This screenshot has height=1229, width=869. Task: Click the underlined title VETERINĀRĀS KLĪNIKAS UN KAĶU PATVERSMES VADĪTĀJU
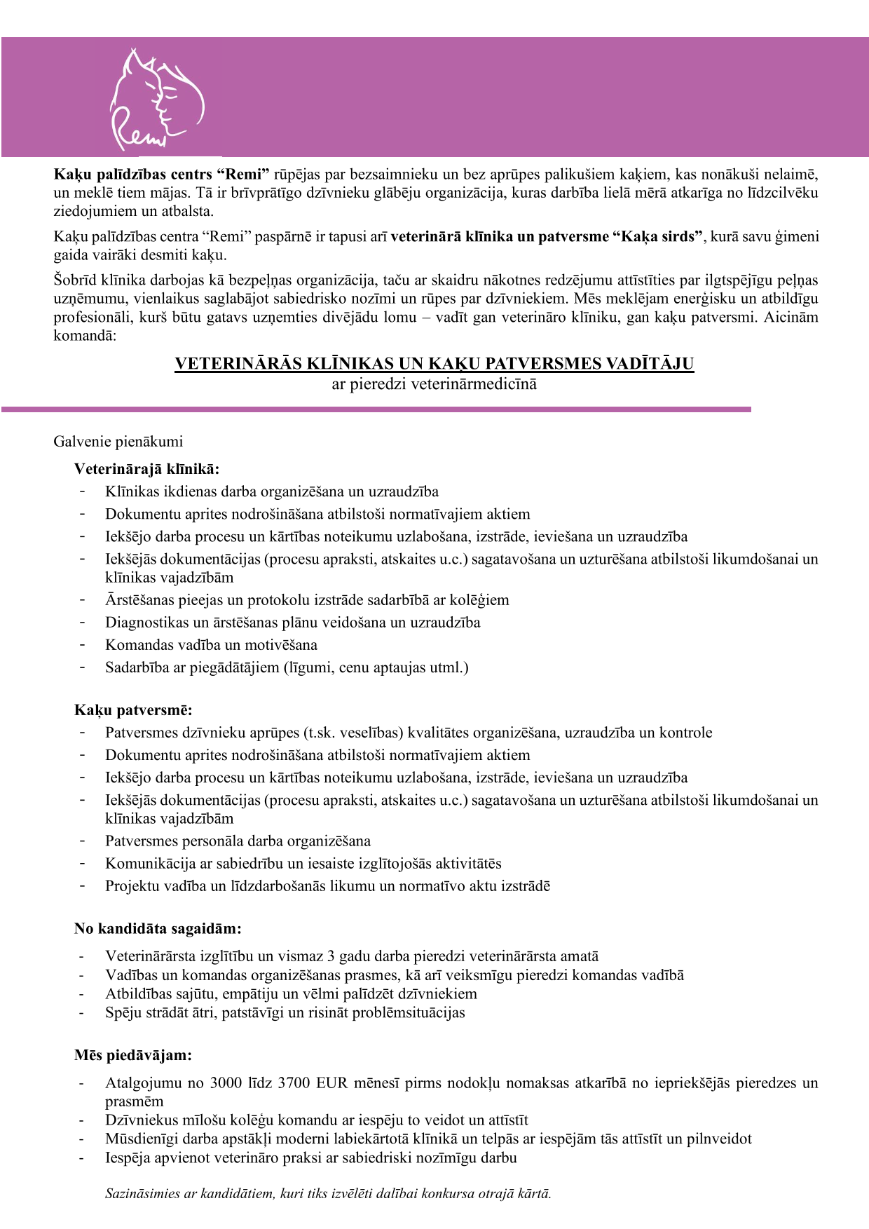click(434, 363)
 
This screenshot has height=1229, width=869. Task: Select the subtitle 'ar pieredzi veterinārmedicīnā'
click(434, 384)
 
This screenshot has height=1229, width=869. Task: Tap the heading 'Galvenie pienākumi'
click(118, 441)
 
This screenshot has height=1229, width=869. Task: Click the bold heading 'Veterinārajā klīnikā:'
click(146, 469)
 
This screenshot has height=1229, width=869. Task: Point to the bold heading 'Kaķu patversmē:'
click(133, 710)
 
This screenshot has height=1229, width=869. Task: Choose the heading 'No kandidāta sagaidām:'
click(158, 929)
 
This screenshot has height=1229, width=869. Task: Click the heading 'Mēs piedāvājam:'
click(133, 1055)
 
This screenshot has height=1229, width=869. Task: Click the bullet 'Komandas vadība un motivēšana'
click(211, 644)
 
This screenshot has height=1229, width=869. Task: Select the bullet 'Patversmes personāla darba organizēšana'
click(238, 841)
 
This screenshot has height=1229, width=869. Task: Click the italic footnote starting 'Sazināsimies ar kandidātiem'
click(328, 1193)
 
